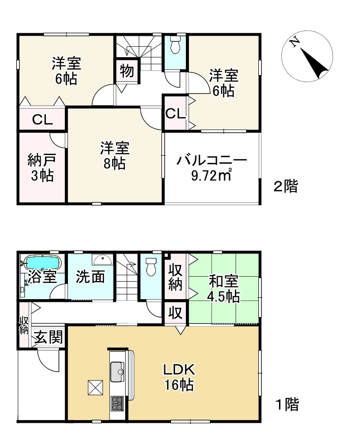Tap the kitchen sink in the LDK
[x=117, y=372]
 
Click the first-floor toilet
[x=151, y=266]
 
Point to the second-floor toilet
[x=175, y=45]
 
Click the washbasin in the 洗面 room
[x=103, y=260]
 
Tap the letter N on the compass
[x=295, y=42]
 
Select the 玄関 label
[x=48, y=337]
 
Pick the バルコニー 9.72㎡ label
[x=212, y=168]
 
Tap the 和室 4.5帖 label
[x=224, y=289]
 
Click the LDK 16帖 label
[x=179, y=377]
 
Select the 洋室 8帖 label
[x=115, y=156]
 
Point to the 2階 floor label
[x=285, y=187]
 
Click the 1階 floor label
[x=288, y=405]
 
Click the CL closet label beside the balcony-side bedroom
[x=175, y=113]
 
